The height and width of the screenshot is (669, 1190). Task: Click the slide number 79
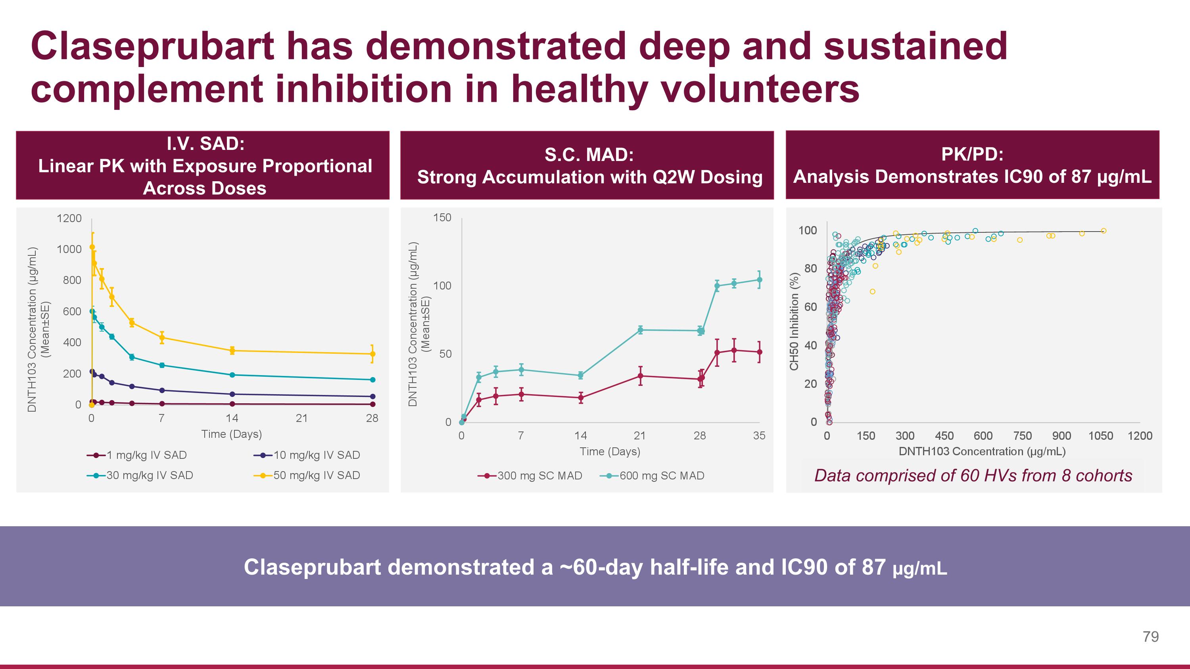tap(1150, 637)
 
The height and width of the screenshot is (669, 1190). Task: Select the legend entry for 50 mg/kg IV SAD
tap(317, 475)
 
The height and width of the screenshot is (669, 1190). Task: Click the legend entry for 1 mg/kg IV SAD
tap(146, 455)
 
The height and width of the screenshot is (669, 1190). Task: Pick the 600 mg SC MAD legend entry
tap(662, 475)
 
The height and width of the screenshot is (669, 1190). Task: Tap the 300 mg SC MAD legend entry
tap(539, 475)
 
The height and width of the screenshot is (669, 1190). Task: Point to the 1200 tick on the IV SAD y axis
tap(69, 218)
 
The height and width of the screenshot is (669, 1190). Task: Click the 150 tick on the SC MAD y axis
tap(442, 217)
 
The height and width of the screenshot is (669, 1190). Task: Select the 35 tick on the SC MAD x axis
tap(759, 435)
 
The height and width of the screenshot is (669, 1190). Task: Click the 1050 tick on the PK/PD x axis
tap(1100, 436)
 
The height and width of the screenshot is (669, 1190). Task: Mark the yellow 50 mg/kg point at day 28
tap(372, 354)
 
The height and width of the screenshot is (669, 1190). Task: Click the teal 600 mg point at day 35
tap(759, 279)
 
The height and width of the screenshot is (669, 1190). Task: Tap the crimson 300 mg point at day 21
tap(640, 376)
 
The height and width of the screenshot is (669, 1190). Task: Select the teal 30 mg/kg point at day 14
tap(232, 375)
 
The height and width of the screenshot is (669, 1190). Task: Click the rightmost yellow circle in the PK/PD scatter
tap(1104, 231)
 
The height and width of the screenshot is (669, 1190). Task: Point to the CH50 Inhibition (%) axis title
tap(795, 321)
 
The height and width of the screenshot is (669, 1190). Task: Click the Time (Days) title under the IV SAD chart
tap(231, 434)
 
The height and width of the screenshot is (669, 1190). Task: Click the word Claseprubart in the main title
tap(152, 46)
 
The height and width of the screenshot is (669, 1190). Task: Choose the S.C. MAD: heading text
tap(589, 155)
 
